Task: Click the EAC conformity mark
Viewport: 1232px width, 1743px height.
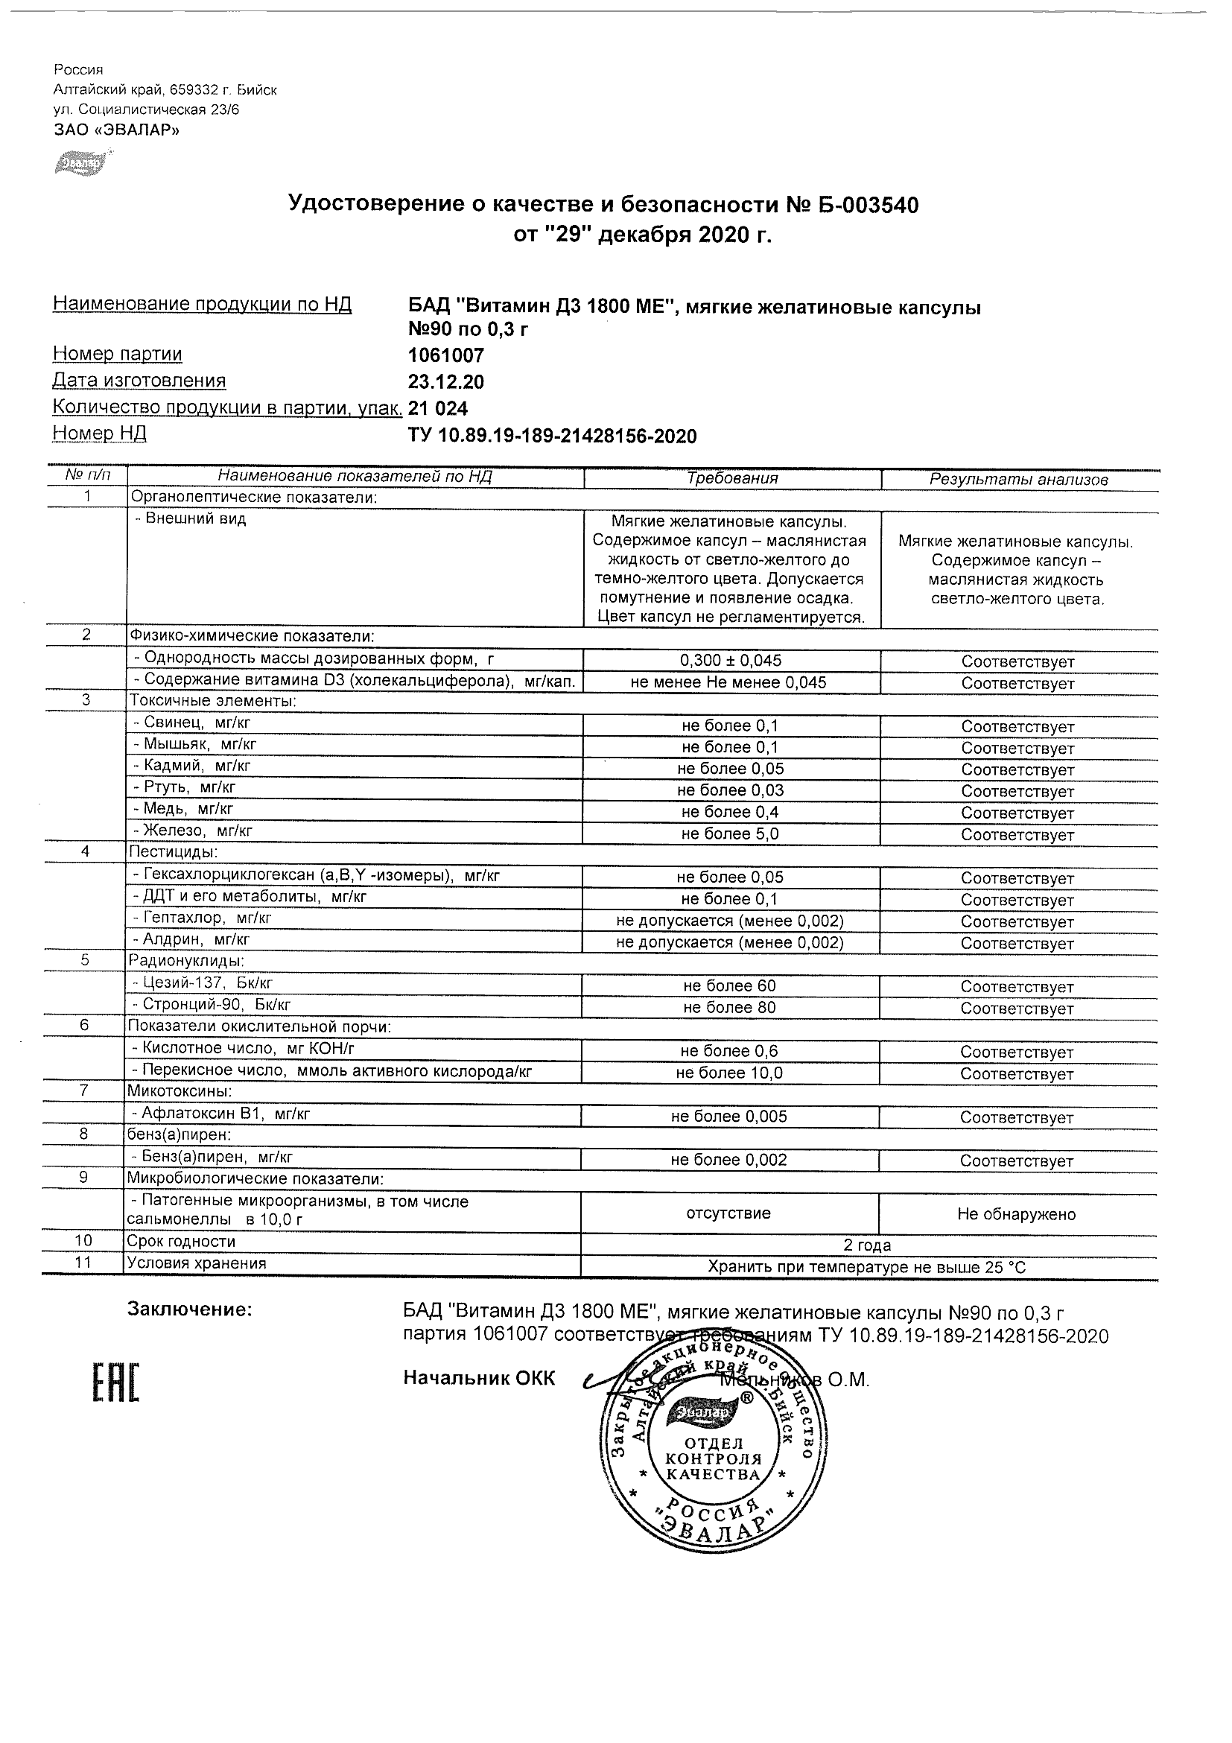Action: coord(116,1382)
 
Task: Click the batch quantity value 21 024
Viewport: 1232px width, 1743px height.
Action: coord(438,408)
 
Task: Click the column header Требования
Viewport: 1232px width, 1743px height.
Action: coord(731,478)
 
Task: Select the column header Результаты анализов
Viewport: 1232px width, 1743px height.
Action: coord(1019,480)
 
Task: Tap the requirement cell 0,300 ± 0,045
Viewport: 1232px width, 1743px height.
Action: coord(731,661)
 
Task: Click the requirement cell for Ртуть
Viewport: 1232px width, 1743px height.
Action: coord(731,790)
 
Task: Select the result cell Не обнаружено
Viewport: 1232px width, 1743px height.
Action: coord(1017,1215)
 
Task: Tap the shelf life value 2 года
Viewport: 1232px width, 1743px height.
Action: coord(867,1245)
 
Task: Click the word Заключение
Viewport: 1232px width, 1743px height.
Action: coord(190,1309)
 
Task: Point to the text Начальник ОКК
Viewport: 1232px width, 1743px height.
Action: coord(479,1378)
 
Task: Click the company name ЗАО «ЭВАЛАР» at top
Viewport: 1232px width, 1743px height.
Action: coord(116,130)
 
